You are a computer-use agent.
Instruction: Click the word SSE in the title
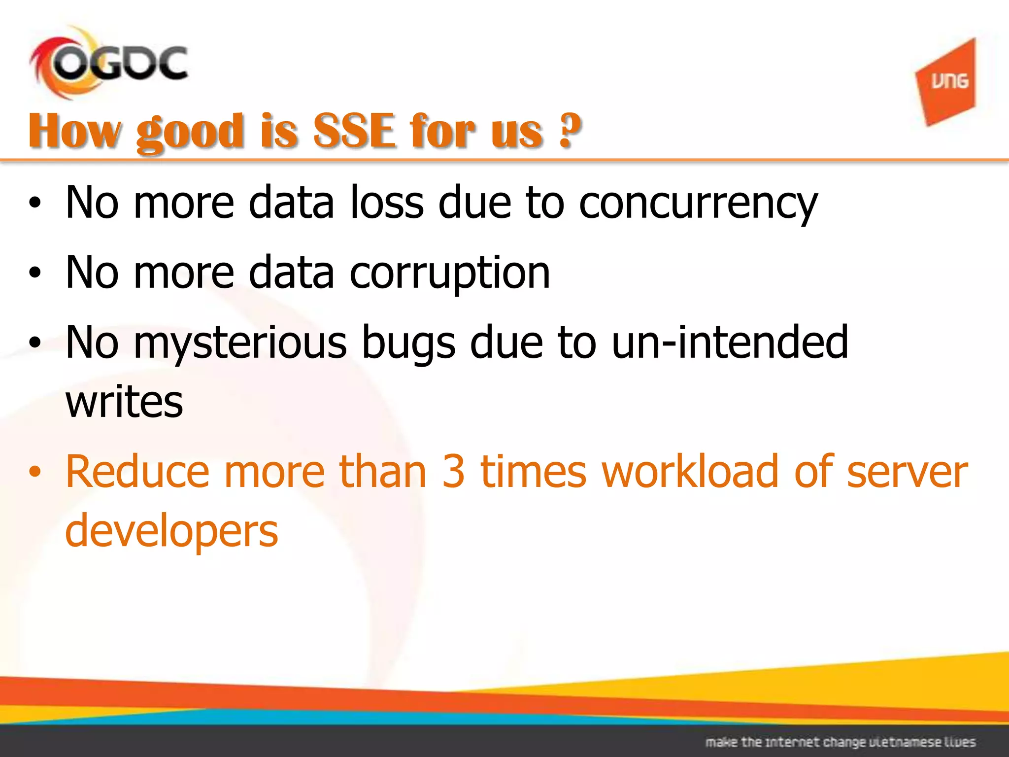pyautogui.click(x=355, y=131)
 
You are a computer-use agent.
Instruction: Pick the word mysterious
pyautogui.click(x=240, y=344)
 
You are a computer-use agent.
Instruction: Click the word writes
pyautogui.click(x=124, y=402)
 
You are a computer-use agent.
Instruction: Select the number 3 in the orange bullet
pyautogui.click(x=453, y=472)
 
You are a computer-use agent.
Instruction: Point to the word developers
pyautogui.click(x=171, y=531)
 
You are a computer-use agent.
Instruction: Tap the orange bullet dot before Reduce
pyautogui.click(x=34, y=472)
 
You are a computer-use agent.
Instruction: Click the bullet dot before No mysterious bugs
pyautogui.click(x=34, y=343)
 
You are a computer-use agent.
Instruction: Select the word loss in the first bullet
pyautogui.click(x=386, y=203)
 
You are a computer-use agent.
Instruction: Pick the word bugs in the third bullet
pyautogui.click(x=408, y=344)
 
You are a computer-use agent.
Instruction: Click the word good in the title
pyautogui.click(x=190, y=132)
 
